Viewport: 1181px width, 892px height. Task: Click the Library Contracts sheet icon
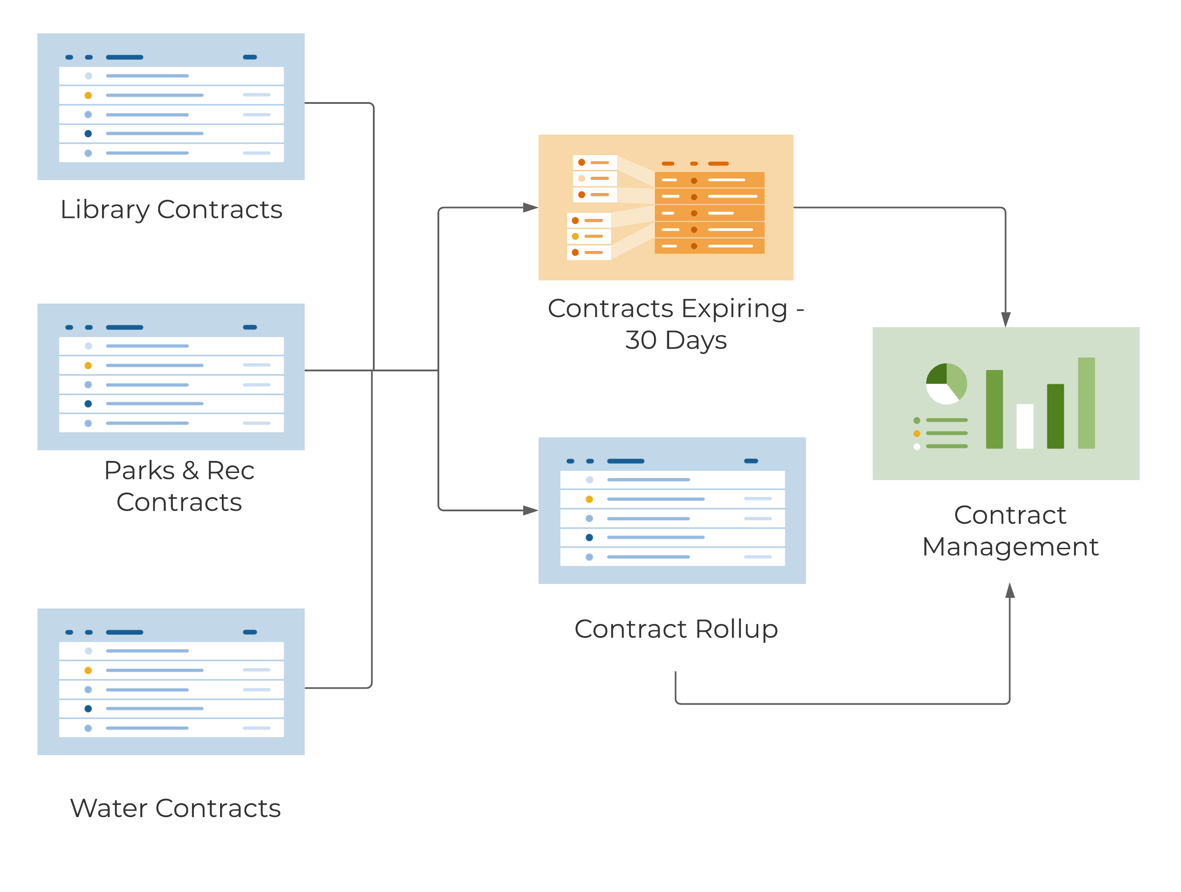[x=171, y=107]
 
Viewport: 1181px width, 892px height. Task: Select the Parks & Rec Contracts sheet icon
[x=171, y=377]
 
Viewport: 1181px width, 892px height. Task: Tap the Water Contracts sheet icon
[x=171, y=682]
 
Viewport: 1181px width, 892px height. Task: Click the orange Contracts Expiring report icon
[x=666, y=207]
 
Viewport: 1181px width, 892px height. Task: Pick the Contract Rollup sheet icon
[x=672, y=510]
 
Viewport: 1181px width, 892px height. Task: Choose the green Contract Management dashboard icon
[x=1006, y=403]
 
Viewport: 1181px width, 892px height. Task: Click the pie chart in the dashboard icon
[x=946, y=383]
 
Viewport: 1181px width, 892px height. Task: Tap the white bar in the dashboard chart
[x=1025, y=426]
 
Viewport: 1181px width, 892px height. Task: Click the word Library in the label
[x=105, y=210]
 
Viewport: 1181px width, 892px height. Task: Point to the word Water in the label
[x=108, y=808]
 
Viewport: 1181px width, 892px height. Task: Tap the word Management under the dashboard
[x=1010, y=547]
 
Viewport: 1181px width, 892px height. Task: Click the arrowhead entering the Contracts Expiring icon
[x=531, y=207]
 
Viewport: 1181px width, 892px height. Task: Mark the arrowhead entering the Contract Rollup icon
[x=531, y=510]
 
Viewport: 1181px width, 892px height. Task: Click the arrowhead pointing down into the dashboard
[x=1006, y=320]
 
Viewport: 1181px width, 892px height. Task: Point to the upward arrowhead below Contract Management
[x=1010, y=590]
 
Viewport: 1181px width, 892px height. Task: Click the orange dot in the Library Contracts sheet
[x=88, y=95]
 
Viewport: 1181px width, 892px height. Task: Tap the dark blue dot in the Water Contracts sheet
[x=88, y=709]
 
